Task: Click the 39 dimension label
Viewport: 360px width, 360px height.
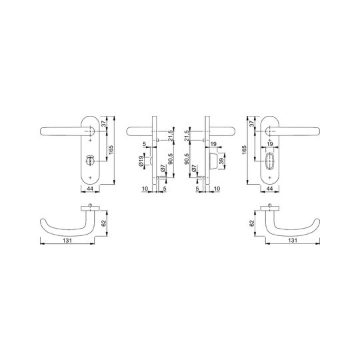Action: tap(222, 161)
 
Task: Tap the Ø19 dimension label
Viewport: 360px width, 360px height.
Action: tap(141, 161)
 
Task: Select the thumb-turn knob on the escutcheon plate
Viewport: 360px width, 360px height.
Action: tap(90, 159)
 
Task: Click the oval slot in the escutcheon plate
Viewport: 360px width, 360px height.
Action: tap(270, 159)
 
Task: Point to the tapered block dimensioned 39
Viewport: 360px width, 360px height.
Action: tap(213, 161)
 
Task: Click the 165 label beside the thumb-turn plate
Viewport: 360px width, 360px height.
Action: tap(111, 150)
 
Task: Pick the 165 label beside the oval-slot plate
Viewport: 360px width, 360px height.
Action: tap(244, 150)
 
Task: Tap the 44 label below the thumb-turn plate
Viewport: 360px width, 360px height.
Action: tap(90, 189)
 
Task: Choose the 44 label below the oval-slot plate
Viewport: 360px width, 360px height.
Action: tap(270, 189)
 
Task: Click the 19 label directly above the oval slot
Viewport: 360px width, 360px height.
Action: tap(270, 144)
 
